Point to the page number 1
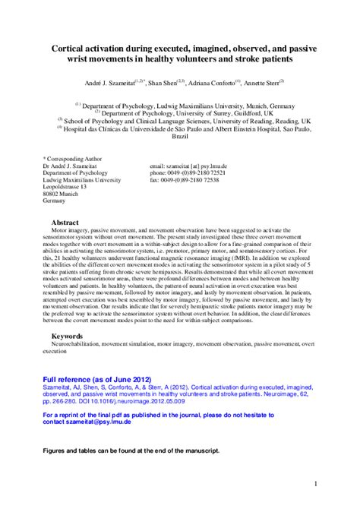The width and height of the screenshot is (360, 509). coord(314,483)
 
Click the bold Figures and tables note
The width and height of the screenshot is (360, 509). coord(131,451)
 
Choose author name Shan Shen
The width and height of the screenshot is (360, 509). coord(163,83)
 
